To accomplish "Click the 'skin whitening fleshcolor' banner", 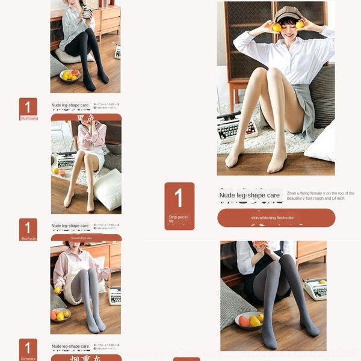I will click(x=276, y=217).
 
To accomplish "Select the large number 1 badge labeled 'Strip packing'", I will click(x=179, y=205).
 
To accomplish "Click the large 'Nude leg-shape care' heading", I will click(x=250, y=195).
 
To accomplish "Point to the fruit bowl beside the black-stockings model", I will click(x=70, y=75).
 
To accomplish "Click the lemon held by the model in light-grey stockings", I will click(x=58, y=290).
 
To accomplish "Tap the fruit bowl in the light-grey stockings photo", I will click(x=60, y=315).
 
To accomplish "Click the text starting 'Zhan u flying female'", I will click(x=320, y=196).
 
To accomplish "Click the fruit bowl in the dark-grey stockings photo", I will click(x=249, y=320).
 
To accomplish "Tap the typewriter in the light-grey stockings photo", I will click(x=114, y=295).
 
